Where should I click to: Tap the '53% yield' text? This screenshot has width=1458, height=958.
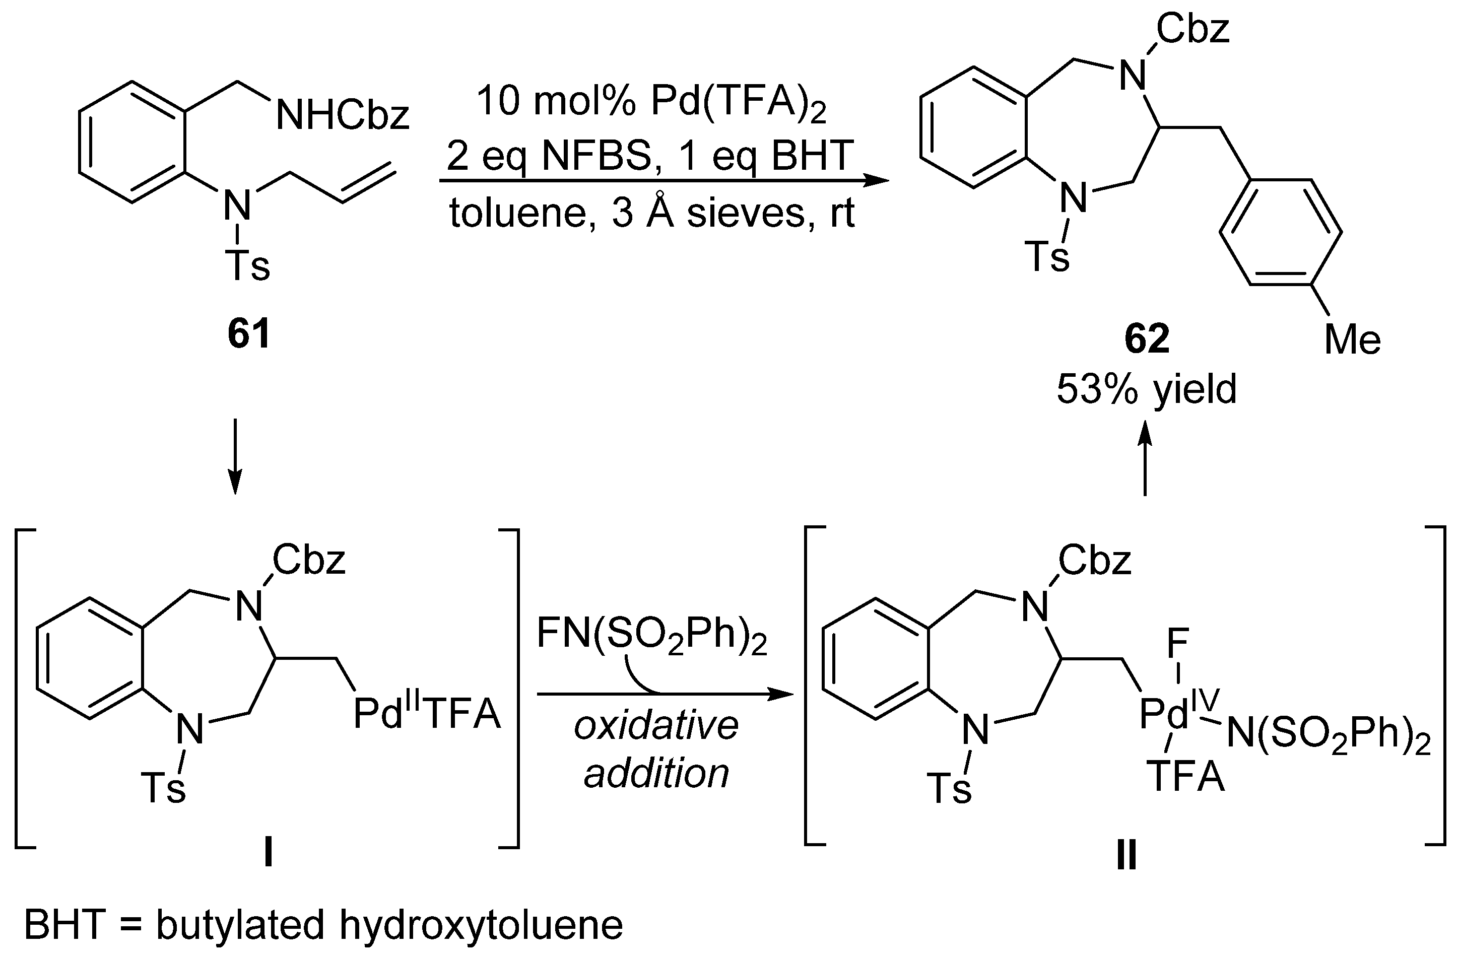tap(1147, 388)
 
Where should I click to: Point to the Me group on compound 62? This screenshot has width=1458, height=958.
tap(1352, 339)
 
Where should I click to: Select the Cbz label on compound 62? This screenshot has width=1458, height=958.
tap(1192, 29)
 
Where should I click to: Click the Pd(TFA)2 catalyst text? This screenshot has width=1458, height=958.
tap(738, 102)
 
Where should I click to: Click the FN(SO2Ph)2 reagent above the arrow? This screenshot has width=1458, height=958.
tap(652, 635)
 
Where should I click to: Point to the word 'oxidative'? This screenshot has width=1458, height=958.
tap(656, 725)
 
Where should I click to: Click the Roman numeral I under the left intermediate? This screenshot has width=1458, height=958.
tap(268, 853)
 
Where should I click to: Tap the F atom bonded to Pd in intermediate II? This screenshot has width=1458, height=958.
tap(1177, 644)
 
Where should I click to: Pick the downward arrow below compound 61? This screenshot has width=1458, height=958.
tap(235, 456)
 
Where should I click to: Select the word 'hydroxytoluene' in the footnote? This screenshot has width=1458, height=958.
tap(481, 925)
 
